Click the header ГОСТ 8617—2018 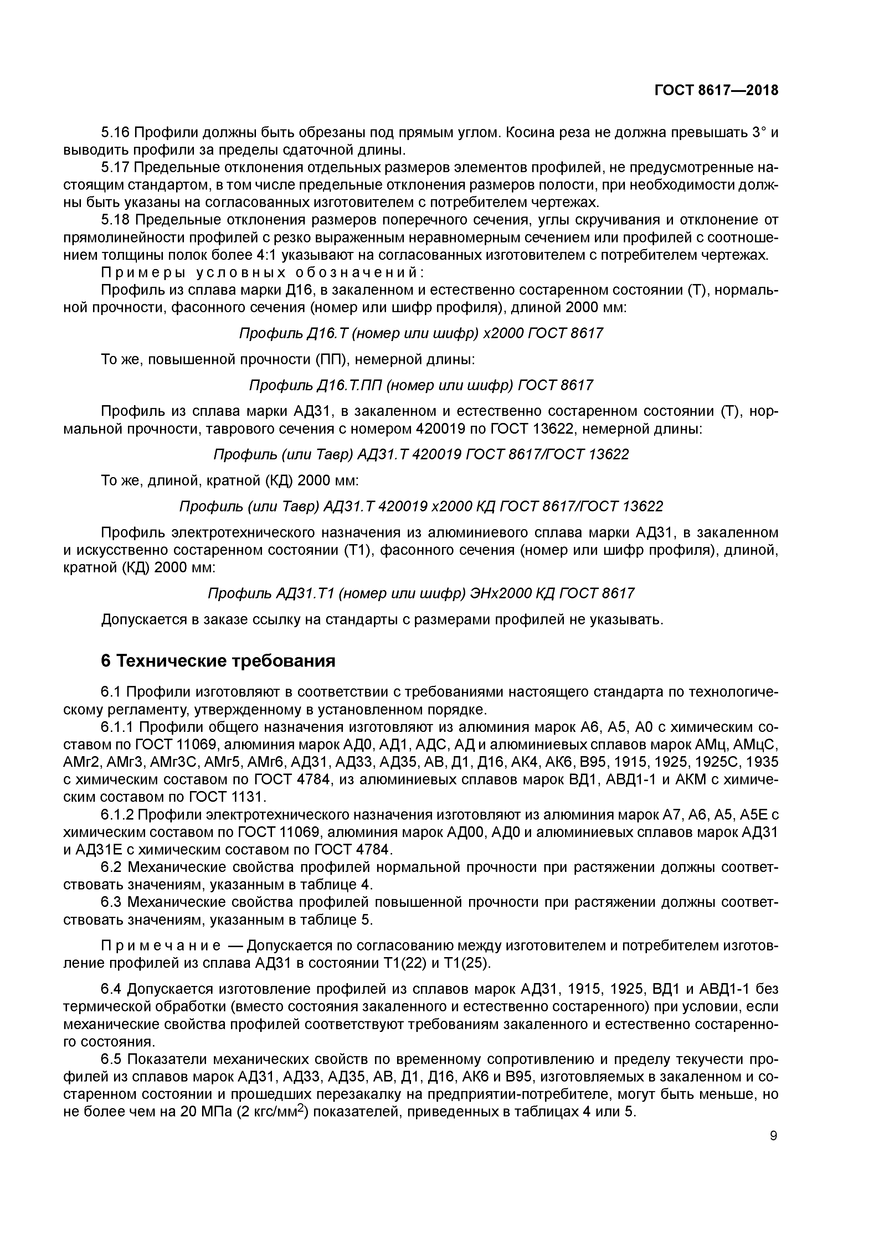[716, 91]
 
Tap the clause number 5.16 [115, 132]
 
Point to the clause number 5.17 [115, 167]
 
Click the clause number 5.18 [115, 220]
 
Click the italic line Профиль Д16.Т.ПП [421, 386]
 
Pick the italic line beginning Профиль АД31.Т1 [421, 593]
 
